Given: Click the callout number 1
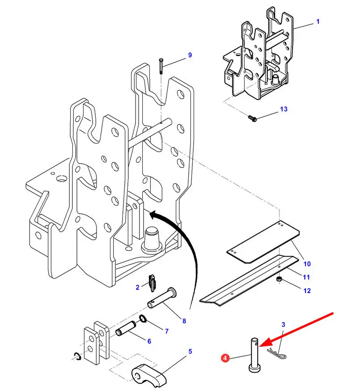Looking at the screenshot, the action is pos(318,21).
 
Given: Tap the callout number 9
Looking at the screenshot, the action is pos(190,55).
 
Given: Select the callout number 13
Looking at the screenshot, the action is pos(284,109).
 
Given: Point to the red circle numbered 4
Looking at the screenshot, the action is pos(225,358).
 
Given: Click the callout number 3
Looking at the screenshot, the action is pos(283,324).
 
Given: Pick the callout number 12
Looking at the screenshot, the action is pos(307,291).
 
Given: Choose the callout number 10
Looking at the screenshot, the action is pos(307,263).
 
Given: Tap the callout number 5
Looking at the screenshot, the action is pos(190,352).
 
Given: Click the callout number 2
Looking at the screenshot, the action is pos(137,287).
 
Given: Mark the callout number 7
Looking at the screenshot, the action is pos(166,331).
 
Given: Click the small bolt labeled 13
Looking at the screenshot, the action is pos(252,119).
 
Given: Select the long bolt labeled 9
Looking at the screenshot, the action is pos(161,66).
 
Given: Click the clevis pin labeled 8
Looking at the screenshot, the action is pos(162,298).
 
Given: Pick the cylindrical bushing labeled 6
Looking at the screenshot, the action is pos(126,328).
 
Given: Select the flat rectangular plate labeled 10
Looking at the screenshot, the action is pos(263,242).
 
